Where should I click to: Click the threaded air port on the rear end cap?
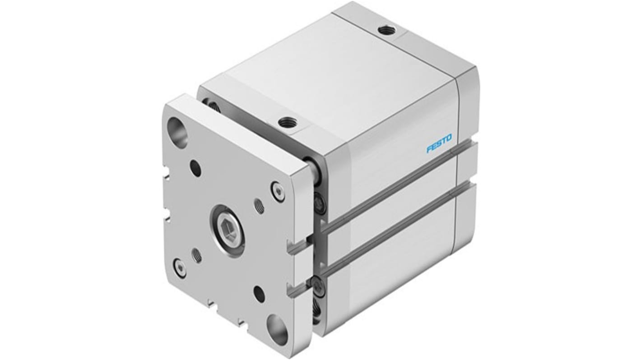(397, 31)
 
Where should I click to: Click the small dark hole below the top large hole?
(195, 169)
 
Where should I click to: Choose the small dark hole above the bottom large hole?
(259, 293)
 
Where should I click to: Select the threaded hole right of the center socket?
(260, 206)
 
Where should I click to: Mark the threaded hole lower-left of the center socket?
(196, 256)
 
